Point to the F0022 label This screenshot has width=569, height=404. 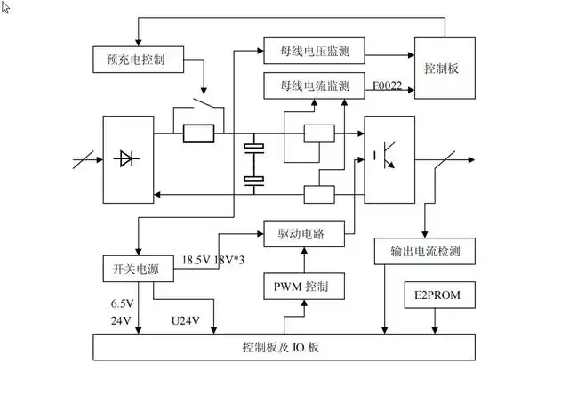(388, 86)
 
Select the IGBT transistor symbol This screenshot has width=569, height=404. (389, 155)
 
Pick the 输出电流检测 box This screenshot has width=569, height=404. (425, 252)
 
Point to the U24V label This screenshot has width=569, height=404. (185, 320)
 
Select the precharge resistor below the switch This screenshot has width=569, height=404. (198, 133)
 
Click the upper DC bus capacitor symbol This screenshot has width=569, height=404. (255, 146)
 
